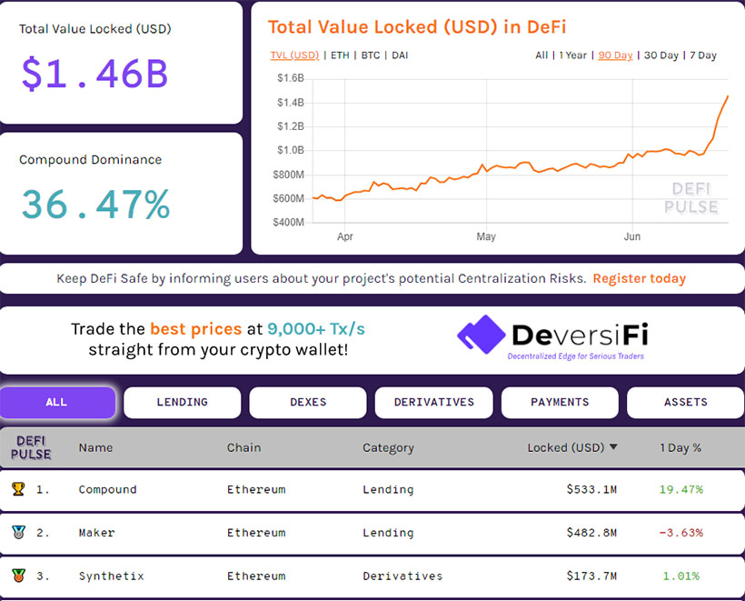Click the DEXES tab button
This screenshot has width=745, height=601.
coord(308,402)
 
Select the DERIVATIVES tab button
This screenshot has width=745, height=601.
coord(433,402)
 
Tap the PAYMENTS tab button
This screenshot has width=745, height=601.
coord(560,402)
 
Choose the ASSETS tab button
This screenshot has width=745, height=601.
coord(685,402)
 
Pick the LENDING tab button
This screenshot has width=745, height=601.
coord(182,402)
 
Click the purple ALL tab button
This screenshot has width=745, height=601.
coord(56,402)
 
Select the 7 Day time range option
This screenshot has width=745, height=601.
coord(703,55)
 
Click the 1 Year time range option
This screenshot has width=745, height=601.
coord(572,55)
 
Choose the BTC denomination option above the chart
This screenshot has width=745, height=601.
coord(371,55)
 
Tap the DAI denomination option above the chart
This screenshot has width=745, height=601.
coord(400,55)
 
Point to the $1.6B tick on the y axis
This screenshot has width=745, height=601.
coord(290,78)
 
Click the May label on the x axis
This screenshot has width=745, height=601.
coord(486,236)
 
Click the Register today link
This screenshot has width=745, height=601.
coord(639,278)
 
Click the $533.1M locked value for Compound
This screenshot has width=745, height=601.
coord(591,489)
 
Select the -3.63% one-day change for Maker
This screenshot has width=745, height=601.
coord(680,533)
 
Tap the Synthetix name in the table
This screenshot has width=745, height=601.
coord(111,576)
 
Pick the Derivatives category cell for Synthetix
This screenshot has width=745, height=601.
coord(402,576)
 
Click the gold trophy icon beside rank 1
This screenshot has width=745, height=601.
coord(18,489)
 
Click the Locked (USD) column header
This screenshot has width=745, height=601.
coord(566,447)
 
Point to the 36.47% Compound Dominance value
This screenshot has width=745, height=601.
coord(95,204)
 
